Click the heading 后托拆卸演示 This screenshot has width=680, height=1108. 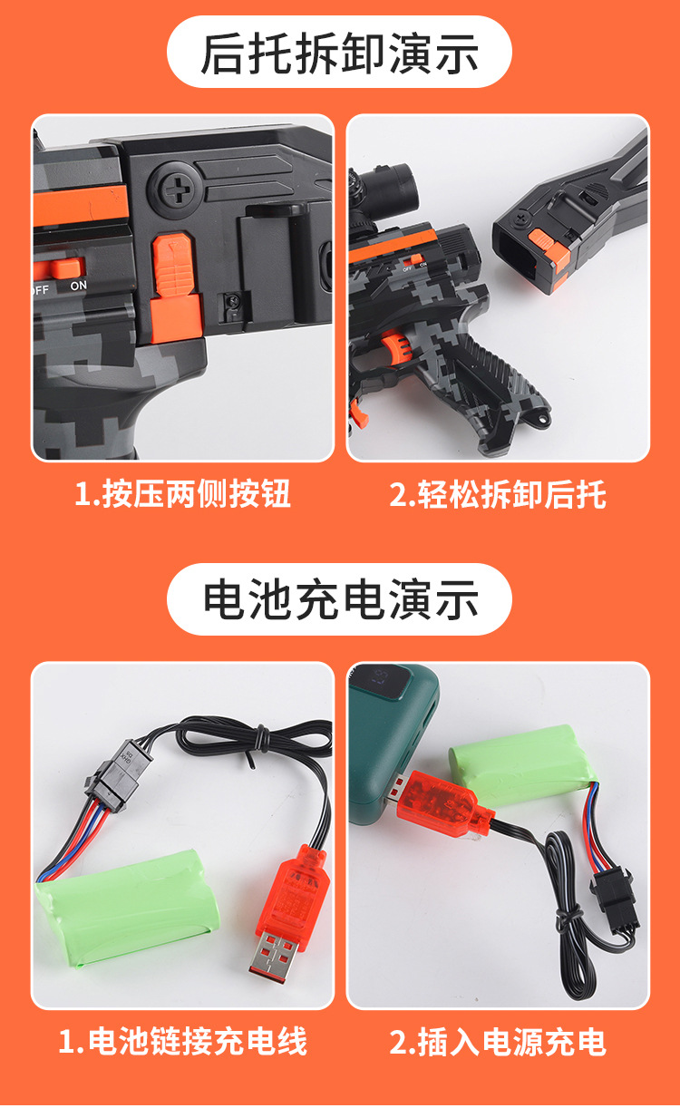[339, 53]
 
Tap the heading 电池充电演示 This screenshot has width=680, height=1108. [341, 599]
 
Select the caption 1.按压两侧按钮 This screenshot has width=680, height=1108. [182, 493]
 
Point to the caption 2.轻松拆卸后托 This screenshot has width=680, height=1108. [498, 493]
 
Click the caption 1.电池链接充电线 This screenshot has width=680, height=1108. [182, 1040]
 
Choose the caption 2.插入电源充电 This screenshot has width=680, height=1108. [498, 1040]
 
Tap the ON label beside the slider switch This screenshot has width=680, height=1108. [79, 286]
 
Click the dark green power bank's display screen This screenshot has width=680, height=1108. [387, 683]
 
